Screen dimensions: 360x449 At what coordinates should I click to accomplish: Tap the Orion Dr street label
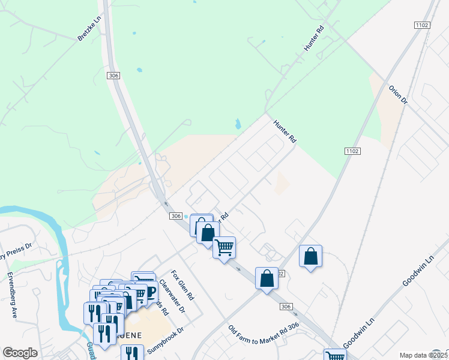click(x=398, y=94)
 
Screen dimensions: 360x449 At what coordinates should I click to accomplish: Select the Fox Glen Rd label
click(x=182, y=286)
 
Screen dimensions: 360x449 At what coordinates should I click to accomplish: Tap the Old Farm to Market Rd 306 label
click(x=264, y=335)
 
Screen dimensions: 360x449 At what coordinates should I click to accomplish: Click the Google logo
click(x=20, y=353)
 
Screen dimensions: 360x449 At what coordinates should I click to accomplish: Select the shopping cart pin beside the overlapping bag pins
click(x=224, y=247)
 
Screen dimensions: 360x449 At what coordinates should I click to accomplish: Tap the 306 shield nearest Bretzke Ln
click(x=115, y=76)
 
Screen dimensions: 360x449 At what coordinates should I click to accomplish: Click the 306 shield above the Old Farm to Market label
click(x=286, y=307)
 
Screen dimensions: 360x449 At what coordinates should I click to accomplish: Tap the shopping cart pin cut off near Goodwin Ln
click(x=335, y=355)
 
